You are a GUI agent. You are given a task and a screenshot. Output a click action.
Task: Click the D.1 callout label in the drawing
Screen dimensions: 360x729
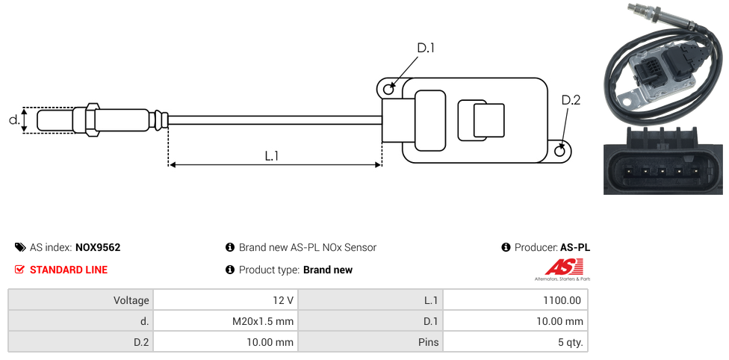[x=425, y=49]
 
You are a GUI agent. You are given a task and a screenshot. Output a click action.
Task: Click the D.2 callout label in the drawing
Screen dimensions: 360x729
[x=570, y=100]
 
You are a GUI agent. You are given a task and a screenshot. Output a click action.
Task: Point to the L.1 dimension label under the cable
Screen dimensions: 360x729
[x=272, y=155]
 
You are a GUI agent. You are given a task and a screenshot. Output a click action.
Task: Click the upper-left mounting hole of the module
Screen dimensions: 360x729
[x=388, y=90]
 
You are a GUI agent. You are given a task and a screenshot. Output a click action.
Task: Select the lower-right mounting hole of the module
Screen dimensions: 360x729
[x=561, y=151]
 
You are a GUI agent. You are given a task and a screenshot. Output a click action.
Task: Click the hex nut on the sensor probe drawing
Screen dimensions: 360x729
[x=93, y=120]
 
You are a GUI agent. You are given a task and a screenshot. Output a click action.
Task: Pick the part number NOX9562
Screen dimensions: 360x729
[x=98, y=247]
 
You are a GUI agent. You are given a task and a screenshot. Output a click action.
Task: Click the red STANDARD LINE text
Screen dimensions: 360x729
[x=69, y=270]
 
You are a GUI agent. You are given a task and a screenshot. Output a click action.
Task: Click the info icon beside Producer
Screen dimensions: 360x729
[x=506, y=247]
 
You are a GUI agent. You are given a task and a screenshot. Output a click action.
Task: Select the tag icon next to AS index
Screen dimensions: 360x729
[x=20, y=247]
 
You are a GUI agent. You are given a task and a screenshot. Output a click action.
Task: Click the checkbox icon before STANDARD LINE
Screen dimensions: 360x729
[x=20, y=270]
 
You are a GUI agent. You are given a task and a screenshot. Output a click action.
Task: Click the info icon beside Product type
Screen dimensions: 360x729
[x=230, y=270]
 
